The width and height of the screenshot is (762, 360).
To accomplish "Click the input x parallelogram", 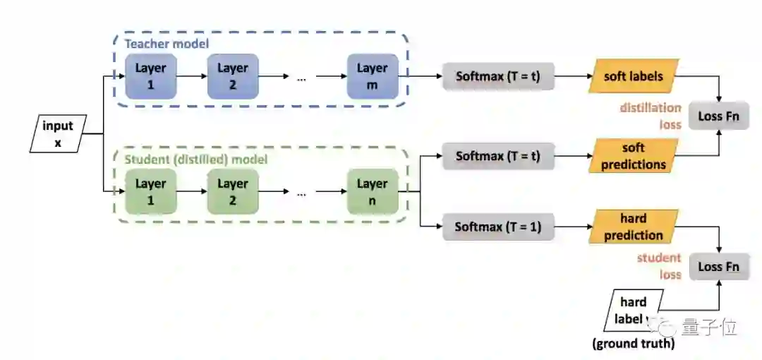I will [58, 133].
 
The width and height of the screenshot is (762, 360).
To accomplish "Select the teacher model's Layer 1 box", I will [151, 76].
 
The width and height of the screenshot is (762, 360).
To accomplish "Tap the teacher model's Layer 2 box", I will [233, 76].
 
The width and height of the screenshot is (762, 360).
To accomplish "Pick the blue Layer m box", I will [372, 76].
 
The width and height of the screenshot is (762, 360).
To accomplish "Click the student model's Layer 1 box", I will [151, 191].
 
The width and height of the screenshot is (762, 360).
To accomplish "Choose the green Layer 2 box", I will [233, 191].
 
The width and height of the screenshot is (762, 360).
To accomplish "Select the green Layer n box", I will [372, 191].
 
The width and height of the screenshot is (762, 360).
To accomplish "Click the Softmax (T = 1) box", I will [498, 227].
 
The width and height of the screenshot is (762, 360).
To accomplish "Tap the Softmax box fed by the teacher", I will [498, 76].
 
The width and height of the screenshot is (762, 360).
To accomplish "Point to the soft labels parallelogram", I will [633, 76].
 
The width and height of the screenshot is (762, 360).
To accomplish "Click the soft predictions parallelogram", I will [634, 156].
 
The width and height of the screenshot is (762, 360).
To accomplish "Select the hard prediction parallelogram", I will [634, 227].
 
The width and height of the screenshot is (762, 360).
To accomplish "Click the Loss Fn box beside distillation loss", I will [719, 116].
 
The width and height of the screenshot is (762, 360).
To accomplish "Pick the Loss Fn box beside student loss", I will [719, 267].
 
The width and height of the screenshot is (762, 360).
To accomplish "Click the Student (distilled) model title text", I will [196, 160].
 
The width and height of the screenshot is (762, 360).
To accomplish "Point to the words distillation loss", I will [651, 116].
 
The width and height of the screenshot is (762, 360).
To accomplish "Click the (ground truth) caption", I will [633, 344].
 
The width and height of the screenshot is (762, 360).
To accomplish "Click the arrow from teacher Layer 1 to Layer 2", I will [191, 76].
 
